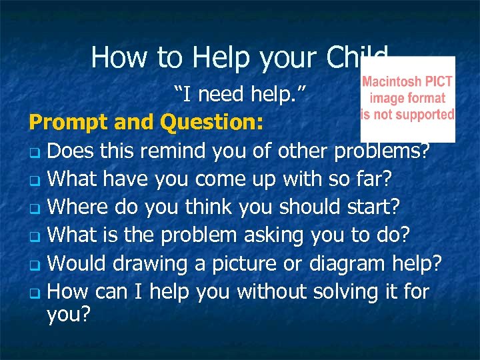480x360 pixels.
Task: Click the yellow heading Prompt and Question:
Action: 146,123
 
